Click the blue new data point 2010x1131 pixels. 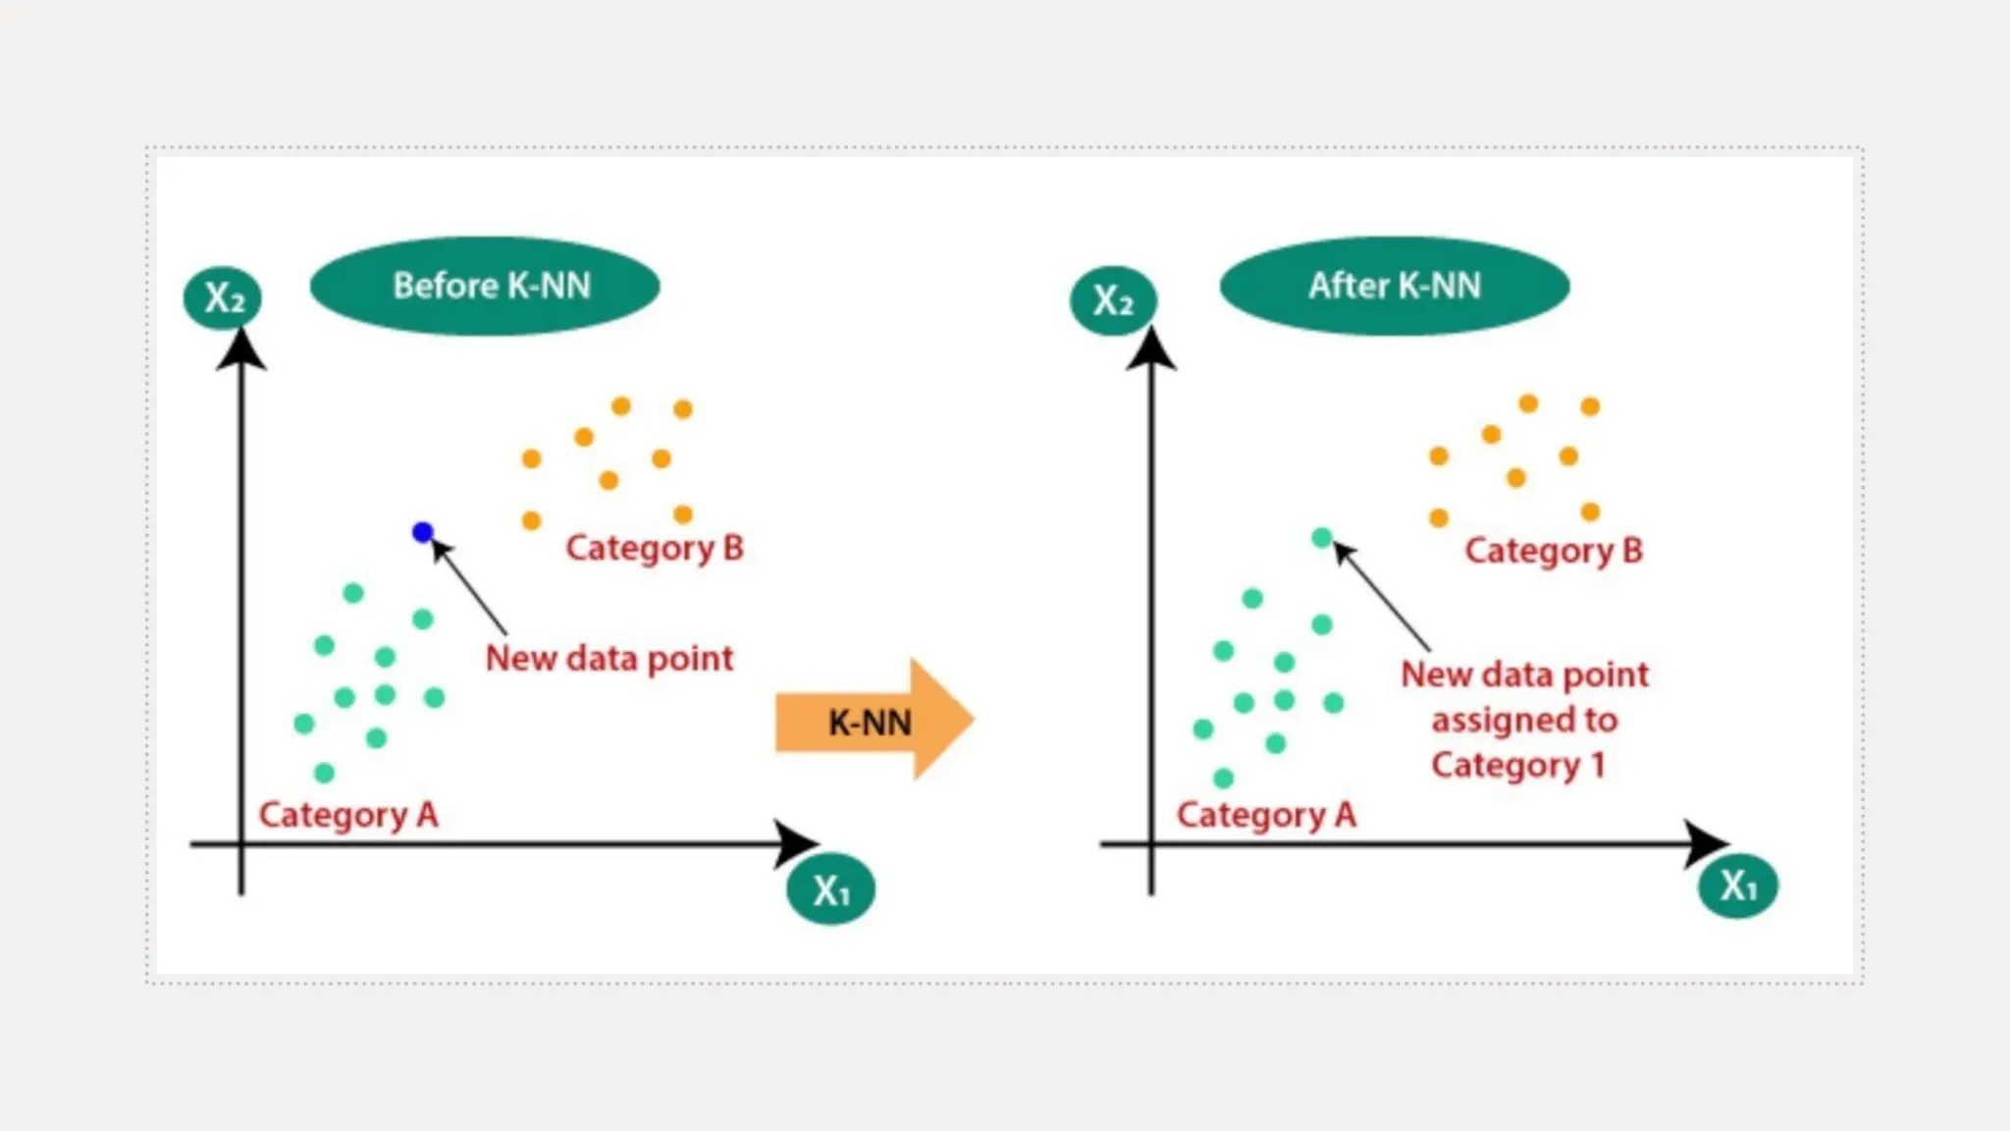point(423,532)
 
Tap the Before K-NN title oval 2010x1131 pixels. point(485,286)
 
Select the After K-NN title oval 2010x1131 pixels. point(1395,286)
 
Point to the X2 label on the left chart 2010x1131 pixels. point(223,297)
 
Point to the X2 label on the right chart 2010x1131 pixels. point(1113,300)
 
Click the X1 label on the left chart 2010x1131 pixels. point(830,890)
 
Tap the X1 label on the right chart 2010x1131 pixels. point(1738,886)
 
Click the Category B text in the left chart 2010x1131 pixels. point(655,548)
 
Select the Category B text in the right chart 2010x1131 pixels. point(1554,551)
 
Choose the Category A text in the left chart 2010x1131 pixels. point(347,815)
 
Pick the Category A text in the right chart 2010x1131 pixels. point(1266,815)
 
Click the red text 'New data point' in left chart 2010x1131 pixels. point(609,658)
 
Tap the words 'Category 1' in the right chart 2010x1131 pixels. point(1517,765)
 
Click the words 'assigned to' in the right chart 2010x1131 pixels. point(1524,720)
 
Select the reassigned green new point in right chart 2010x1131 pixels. point(1322,538)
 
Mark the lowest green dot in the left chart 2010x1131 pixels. point(325,774)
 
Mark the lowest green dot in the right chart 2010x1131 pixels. point(1223,779)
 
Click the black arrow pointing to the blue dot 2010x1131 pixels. point(470,587)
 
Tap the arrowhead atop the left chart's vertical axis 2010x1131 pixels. point(241,350)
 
